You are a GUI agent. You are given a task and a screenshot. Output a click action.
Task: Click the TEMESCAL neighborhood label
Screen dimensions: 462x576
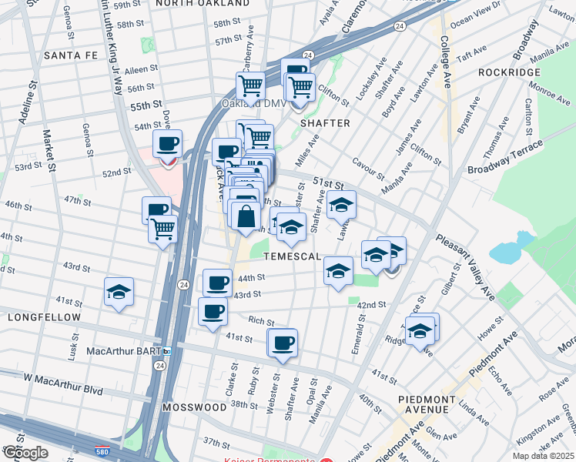pos(292,256)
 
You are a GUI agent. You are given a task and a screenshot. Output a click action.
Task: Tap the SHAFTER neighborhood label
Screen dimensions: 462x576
pos(325,123)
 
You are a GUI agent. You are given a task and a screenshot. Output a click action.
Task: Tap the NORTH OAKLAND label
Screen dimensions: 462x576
pos(202,4)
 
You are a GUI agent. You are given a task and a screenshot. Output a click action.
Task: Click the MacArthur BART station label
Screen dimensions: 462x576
pos(123,351)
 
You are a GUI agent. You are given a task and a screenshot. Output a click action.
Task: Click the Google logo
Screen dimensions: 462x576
pos(25,453)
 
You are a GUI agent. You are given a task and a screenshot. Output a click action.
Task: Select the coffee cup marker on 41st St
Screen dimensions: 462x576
pos(283,343)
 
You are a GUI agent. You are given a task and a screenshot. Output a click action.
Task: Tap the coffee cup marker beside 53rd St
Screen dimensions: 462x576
pos(167,144)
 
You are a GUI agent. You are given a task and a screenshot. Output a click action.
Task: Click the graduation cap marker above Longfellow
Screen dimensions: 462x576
pos(119,292)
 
